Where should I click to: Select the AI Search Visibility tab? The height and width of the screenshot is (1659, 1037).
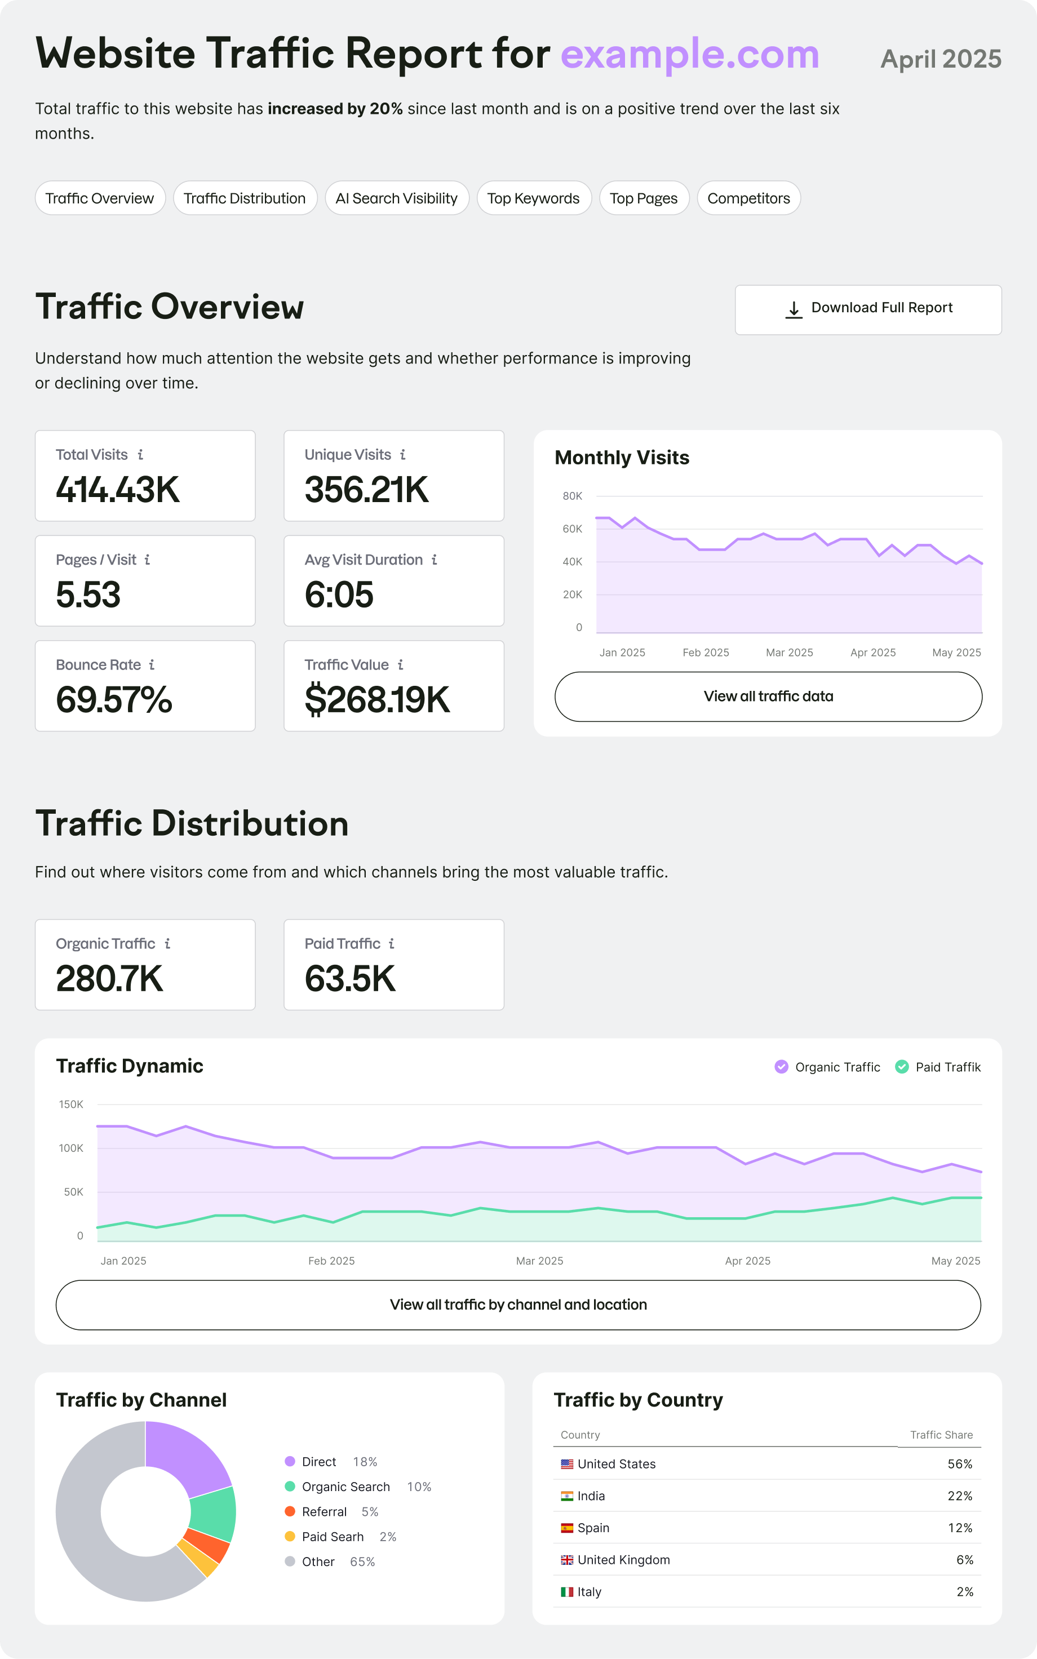click(x=396, y=198)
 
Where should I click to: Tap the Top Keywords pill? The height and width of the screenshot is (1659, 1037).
click(x=533, y=198)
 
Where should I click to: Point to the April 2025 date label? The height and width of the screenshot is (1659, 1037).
click(x=940, y=59)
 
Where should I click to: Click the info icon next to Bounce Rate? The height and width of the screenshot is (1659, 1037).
click(x=152, y=664)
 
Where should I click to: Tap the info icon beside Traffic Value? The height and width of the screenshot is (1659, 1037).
click(x=401, y=664)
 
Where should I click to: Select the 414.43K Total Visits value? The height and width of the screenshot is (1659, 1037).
click(x=117, y=490)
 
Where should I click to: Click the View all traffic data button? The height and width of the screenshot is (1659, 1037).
click(x=768, y=696)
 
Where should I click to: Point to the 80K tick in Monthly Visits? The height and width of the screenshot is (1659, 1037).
click(x=572, y=496)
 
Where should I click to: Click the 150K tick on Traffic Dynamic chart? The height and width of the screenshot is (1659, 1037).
click(x=72, y=1104)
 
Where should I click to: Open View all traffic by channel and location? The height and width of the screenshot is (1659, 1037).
click(x=518, y=1305)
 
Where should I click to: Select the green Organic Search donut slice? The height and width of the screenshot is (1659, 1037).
click(x=214, y=1514)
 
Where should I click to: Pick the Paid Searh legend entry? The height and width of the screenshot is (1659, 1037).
click(x=332, y=1536)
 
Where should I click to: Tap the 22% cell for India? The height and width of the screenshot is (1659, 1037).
click(x=959, y=1495)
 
